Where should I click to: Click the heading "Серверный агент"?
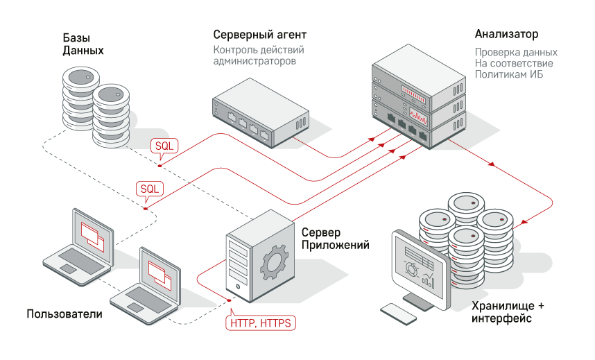(x=259, y=35)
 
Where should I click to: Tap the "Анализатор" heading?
(x=506, y=34)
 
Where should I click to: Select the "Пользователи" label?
(x=64, y=314)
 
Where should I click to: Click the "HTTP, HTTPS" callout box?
(x=261, y=323)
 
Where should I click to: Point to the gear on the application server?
(x=275, y=262)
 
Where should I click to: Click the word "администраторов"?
(x=255, y=61)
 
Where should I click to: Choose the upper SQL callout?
(x=165, y=146)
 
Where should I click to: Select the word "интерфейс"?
(x=501, y=318)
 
